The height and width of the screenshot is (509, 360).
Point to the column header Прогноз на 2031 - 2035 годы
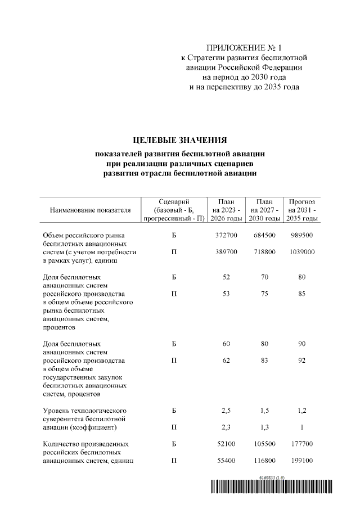(x=301, y=210)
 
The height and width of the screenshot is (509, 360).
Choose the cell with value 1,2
(x=301, y=411)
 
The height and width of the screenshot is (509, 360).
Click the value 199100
(x=301, y=461)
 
